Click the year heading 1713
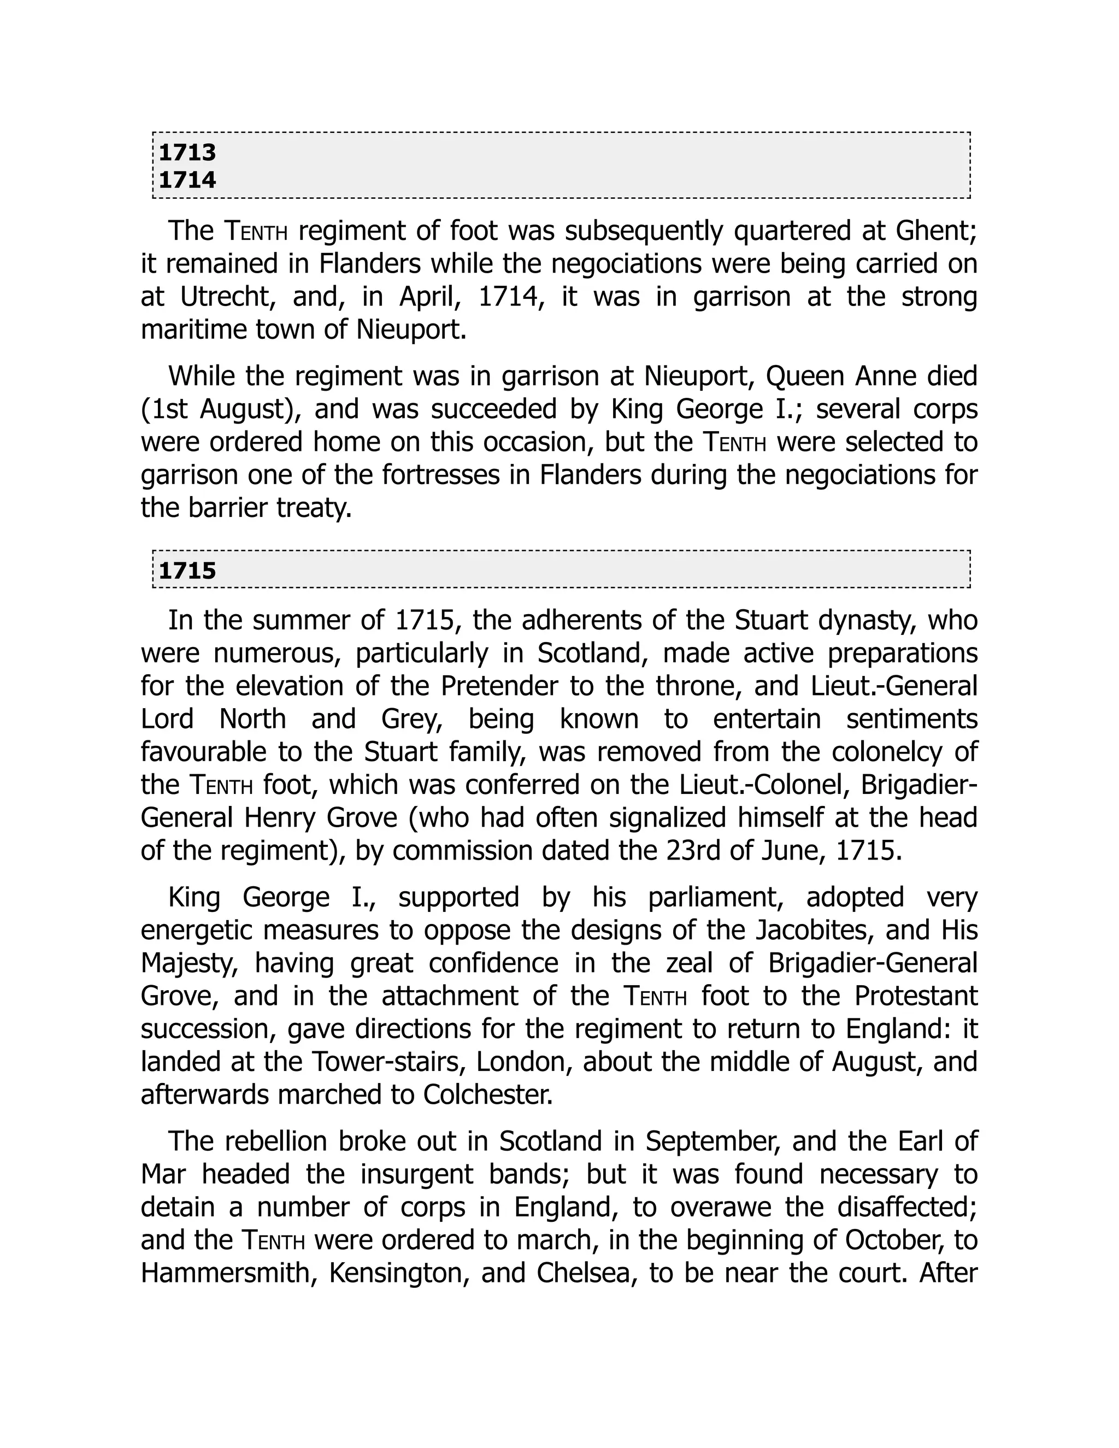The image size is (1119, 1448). (187, 152)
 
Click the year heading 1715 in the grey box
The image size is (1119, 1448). (187, 571)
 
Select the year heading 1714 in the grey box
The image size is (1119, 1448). (187, 180)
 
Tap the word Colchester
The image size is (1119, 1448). (487, 1094)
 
